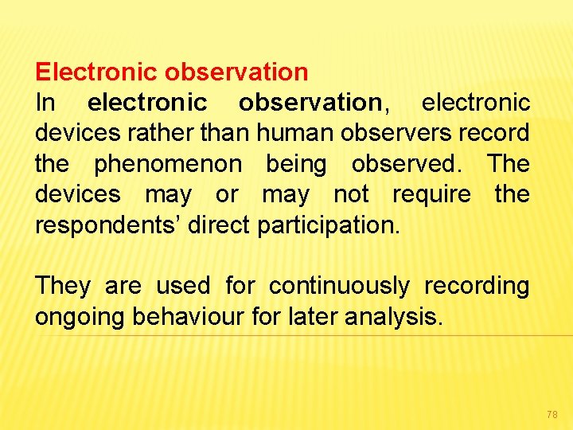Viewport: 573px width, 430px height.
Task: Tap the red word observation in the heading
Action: [236, 72]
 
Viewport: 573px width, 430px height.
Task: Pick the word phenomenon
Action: [167, 164]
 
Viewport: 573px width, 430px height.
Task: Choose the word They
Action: [62, 286]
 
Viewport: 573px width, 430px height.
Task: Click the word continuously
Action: [340, 286]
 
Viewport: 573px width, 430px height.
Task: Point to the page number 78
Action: [552, 415]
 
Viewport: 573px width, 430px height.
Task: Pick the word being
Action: [295, 164]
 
